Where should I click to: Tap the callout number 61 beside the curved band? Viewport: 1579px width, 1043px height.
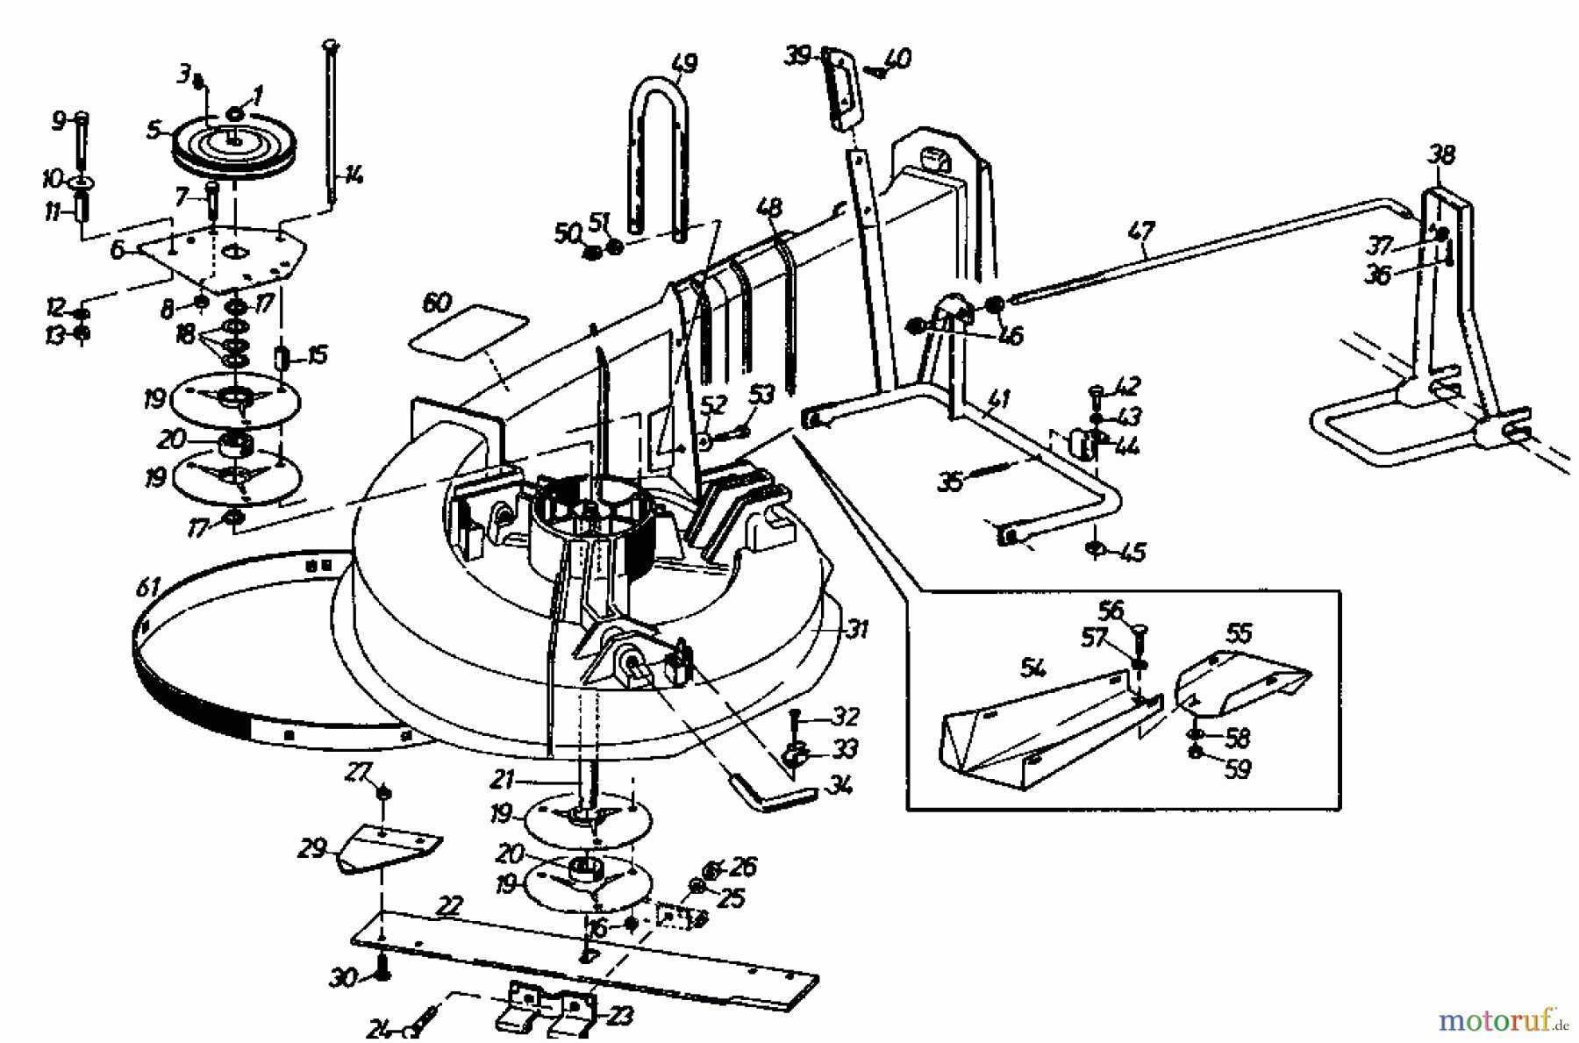[148, 587]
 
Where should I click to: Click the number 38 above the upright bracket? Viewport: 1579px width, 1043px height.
[1441, 155]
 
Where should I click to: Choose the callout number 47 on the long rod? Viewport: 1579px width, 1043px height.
[1142, 232]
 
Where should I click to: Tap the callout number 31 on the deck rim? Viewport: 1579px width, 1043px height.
[856, 629]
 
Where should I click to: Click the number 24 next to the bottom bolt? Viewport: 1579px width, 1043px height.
[381, 1031]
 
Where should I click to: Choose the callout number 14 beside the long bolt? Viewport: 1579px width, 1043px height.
[353, 175]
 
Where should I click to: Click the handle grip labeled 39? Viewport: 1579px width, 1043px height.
[841, 91]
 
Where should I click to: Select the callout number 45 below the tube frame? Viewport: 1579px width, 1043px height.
[1133, 552]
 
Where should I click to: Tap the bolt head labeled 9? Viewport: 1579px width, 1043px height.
[81, 118]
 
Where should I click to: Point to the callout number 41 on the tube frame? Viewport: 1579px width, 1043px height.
[997, 400]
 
